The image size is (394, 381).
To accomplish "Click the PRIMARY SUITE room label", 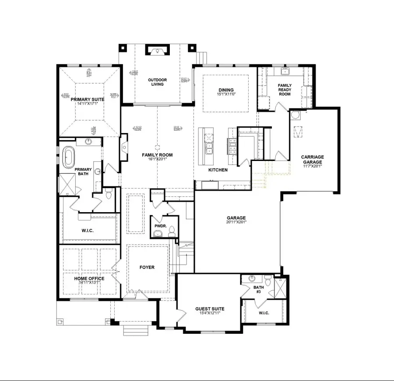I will click(87, 100).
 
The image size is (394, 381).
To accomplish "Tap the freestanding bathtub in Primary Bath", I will click(69, 157).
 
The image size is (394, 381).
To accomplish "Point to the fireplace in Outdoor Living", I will click(157, 51).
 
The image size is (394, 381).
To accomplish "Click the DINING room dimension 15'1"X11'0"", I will click(226, 94).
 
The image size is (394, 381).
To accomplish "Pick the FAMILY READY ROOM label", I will click(285, 89).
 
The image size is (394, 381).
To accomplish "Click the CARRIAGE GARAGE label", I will click(312, 159).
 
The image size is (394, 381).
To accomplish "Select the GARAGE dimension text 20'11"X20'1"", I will click(236, 222).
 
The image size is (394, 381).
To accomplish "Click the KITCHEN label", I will click(218, 170).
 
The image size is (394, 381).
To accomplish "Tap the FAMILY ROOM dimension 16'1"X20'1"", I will click(157, 160).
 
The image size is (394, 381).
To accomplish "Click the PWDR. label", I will click(159, 227).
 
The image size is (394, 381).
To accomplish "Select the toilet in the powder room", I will click(172, 231).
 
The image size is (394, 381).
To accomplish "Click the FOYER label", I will click(147, 267).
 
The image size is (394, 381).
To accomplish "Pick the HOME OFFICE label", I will click(89, 279).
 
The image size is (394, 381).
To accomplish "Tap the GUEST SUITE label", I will click(209, 309).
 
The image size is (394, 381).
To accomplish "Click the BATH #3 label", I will click(259, 289).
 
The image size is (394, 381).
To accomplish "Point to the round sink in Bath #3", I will click(252, 279).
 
